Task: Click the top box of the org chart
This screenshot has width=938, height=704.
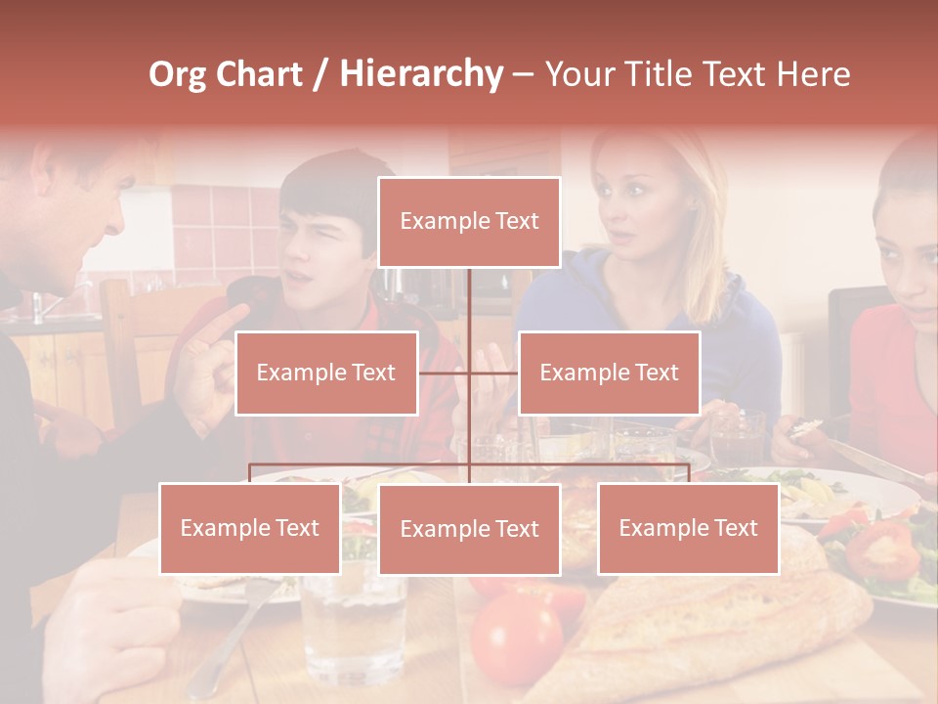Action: coord(469,222)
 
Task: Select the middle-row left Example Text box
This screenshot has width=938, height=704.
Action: coord(326,373)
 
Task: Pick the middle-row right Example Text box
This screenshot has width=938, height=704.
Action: coord(609,373)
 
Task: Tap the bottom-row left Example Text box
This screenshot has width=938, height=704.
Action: coord(249,528)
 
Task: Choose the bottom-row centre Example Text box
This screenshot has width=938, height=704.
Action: coord(469,529)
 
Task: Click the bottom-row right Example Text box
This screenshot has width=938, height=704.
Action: coord(688,528)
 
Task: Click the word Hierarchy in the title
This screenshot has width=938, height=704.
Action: coord(420,74)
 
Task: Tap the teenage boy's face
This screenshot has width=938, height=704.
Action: coord(327,244)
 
